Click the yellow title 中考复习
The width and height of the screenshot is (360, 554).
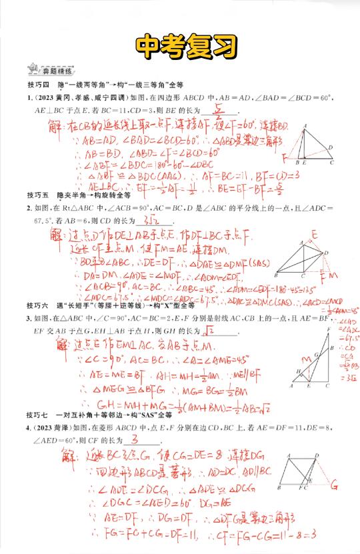coord(179,45)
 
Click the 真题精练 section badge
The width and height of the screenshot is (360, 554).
coord(42,70)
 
